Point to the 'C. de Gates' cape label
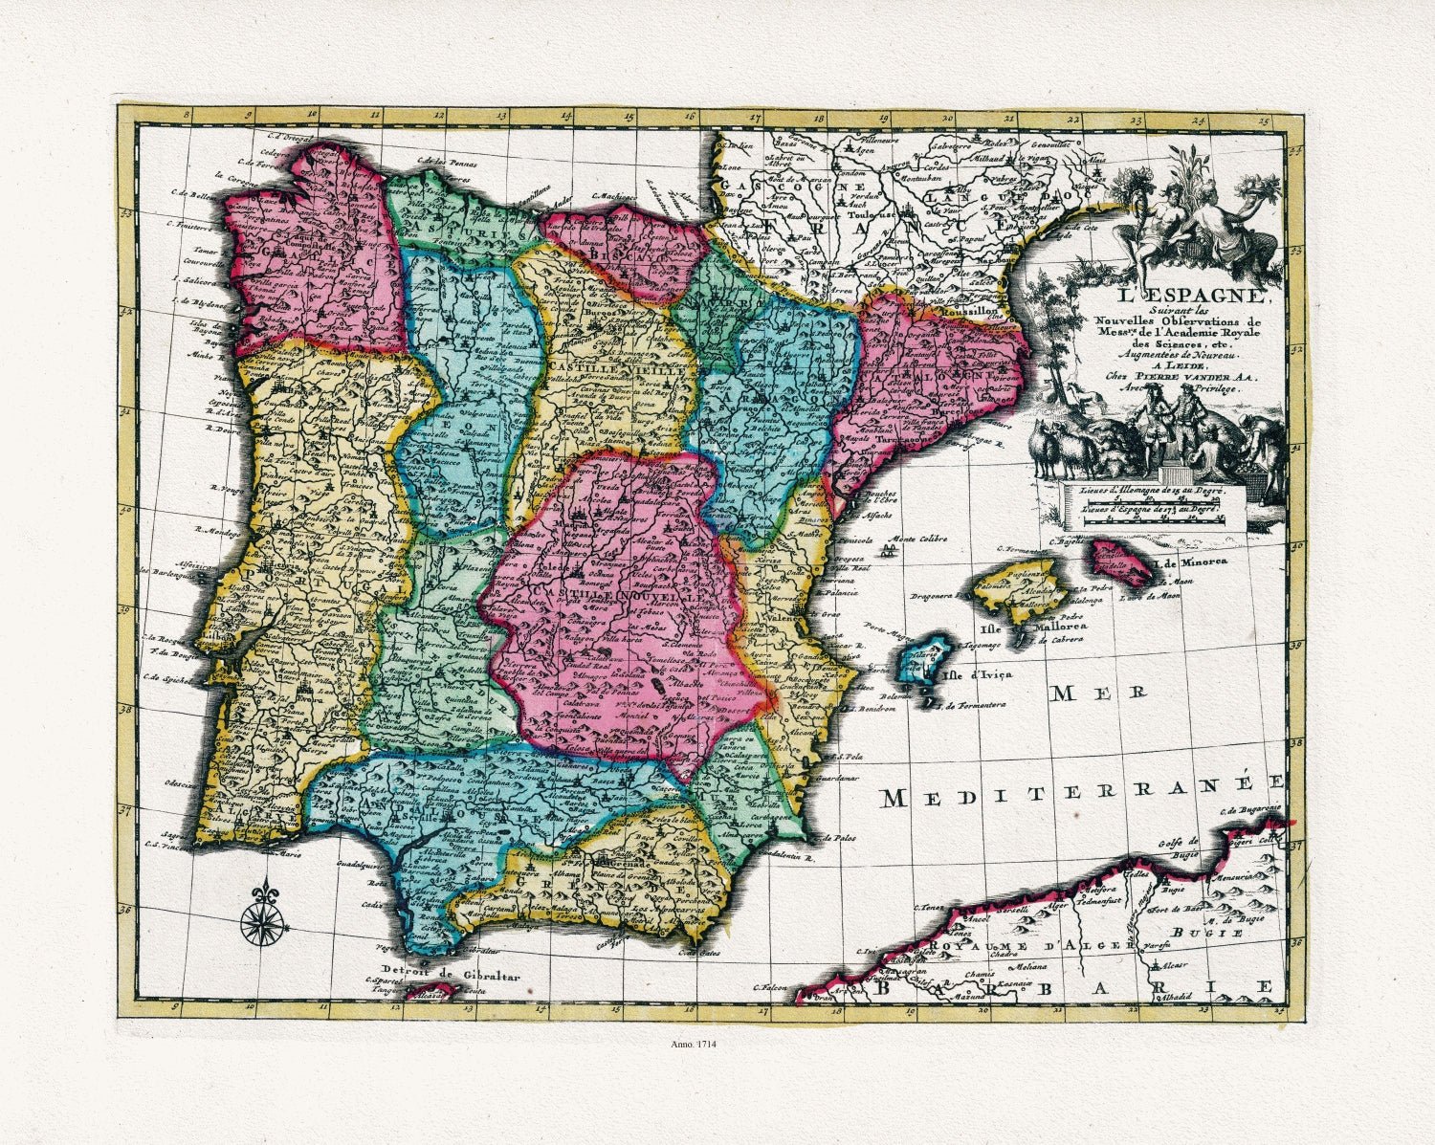698,952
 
